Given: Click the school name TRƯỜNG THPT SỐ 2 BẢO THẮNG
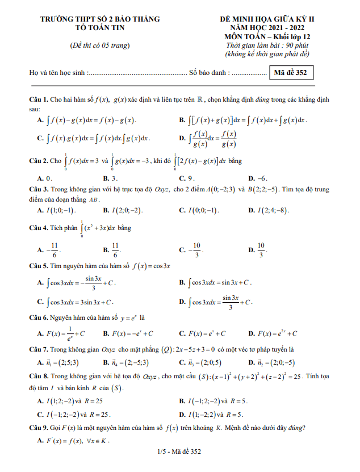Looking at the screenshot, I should point(100,19).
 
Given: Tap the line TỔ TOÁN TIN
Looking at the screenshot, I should point(100,27).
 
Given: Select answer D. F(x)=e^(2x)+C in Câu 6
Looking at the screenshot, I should point(273,333).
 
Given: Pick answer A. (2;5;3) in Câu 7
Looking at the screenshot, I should point(58,362).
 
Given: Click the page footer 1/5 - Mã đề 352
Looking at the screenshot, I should point(180,452).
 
